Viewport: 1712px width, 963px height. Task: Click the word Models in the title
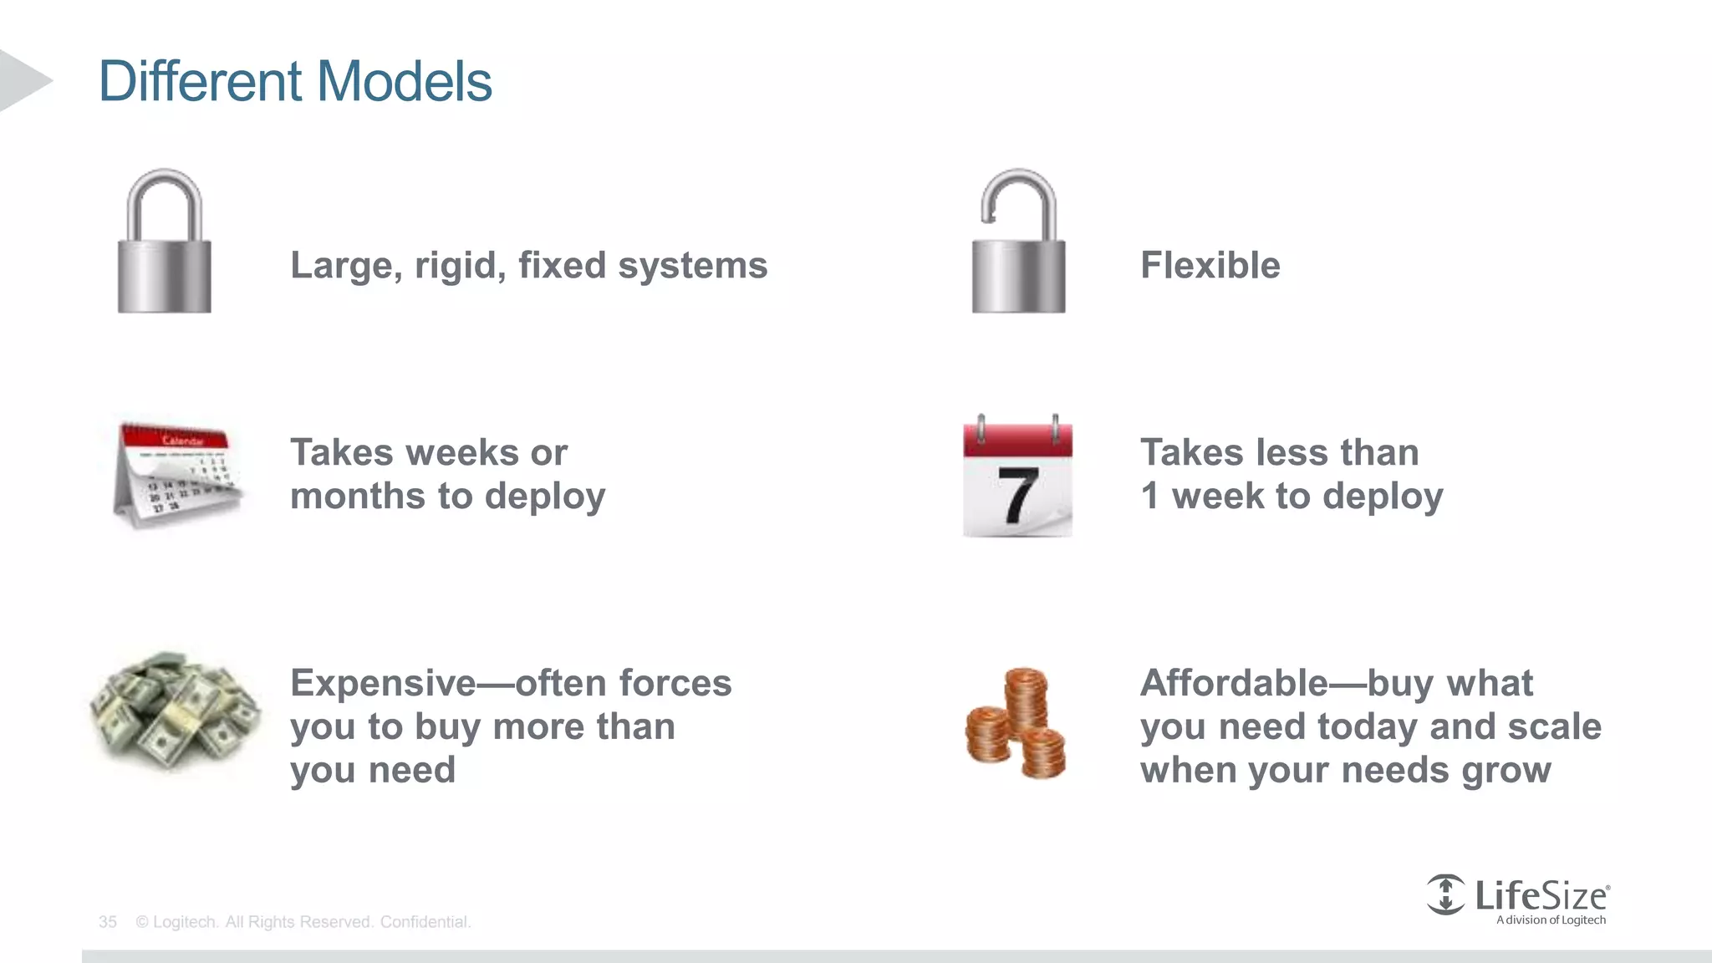(x=405, y=81)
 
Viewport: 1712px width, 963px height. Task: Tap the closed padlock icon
(x=164, y=242)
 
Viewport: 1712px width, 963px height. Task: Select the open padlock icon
(x=1018, y=242)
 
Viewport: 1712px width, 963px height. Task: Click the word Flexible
(x=1210, y=266)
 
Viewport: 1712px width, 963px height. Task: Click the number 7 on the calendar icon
(x=1018, y=496)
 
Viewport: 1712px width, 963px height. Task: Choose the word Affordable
(x=1233, y=683)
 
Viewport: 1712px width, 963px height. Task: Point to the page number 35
(x=107, y=922)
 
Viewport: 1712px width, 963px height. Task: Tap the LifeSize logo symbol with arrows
(x=1445, y=894)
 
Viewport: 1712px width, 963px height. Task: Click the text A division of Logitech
(x=1551, y=920)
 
